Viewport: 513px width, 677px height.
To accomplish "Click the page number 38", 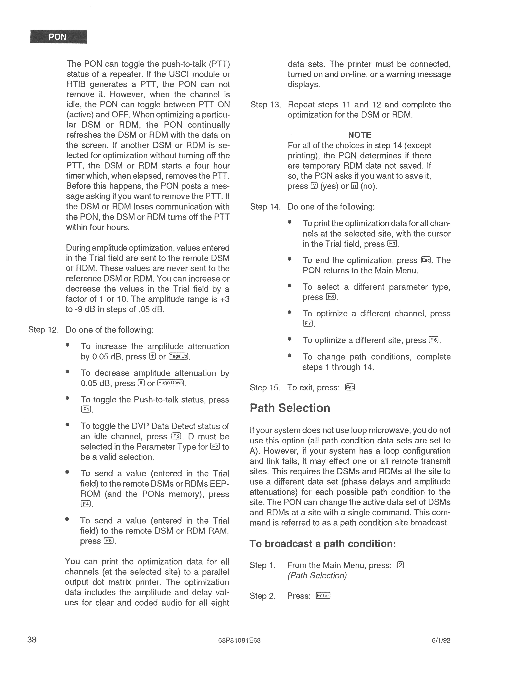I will click(x=32, y=639).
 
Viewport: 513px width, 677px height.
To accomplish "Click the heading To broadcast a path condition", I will click(x=323, y=544).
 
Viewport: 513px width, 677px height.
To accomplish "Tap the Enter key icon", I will click(x=323, y=596).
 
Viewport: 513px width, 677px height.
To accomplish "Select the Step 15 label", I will click(x=265, y=387).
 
